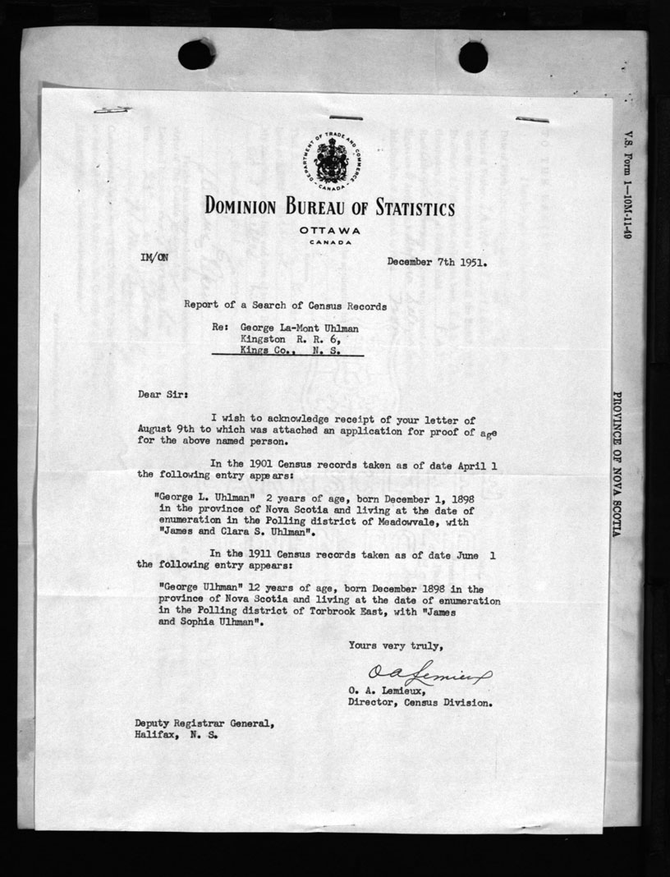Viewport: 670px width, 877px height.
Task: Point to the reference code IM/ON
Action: [x=154, y=257]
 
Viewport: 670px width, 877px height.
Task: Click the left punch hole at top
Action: [x=196, y=55]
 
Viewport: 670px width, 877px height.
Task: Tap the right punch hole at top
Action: [x=473, y=57]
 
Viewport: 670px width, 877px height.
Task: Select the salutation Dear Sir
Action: [x=163, y=395]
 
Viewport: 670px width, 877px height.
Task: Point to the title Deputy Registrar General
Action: [x=201, y=723]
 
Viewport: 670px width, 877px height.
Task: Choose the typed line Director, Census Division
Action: [x=420, y=703]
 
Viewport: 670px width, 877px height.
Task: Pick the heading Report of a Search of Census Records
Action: [x=286, y=305]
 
